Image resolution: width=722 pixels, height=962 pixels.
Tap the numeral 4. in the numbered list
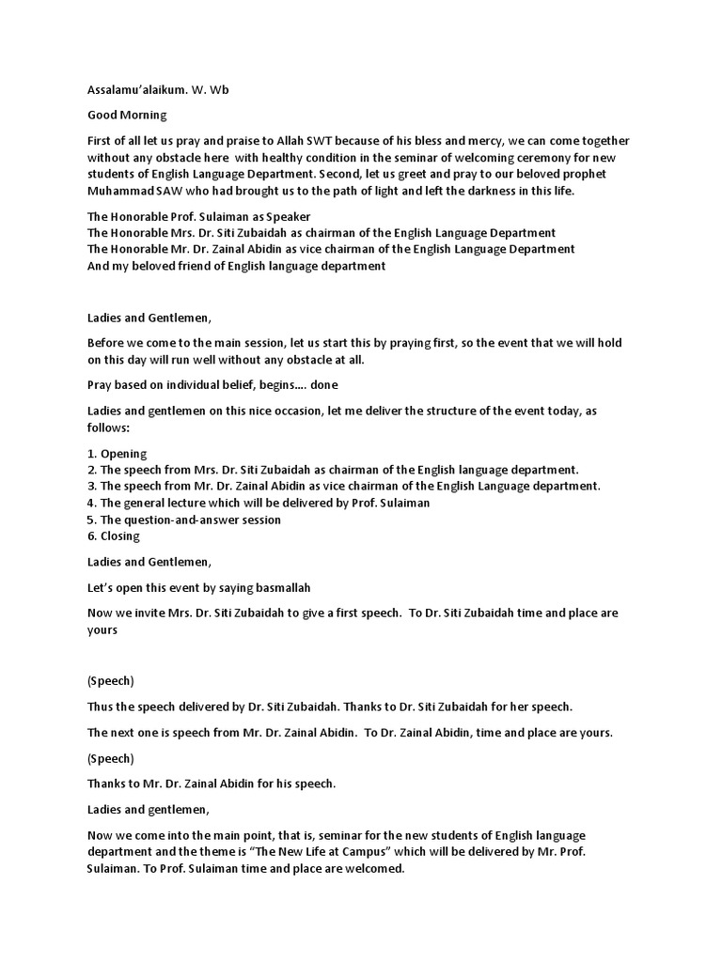[91, 503]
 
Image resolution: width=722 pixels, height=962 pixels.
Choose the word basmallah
[278, 587]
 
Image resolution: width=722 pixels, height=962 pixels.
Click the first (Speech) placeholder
[111, 681]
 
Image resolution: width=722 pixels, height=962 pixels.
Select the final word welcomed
[371, 869]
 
